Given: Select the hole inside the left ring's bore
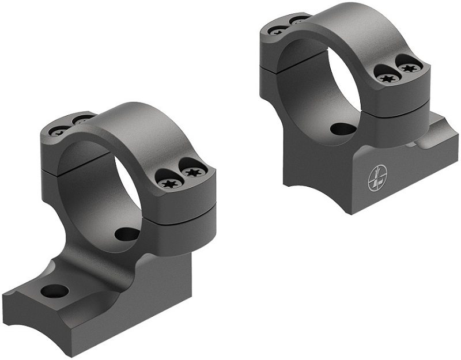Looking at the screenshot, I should pos(127,234).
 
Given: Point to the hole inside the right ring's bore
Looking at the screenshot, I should pos(343,128).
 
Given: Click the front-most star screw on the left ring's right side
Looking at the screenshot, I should pos(170,184).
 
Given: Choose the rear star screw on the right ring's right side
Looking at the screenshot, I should pos(409,68).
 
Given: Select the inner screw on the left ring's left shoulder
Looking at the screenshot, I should pos(82,120).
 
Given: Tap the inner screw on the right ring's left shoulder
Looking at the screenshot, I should pos(299,21).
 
